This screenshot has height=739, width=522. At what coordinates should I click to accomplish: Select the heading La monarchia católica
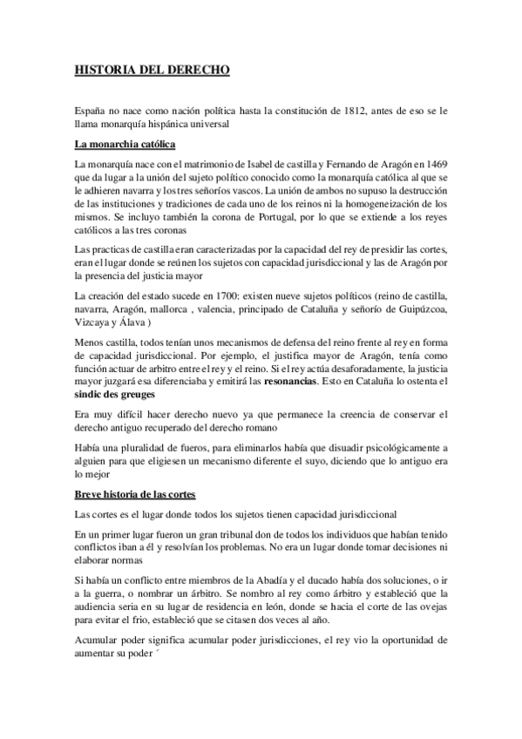(x=125, y=143)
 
